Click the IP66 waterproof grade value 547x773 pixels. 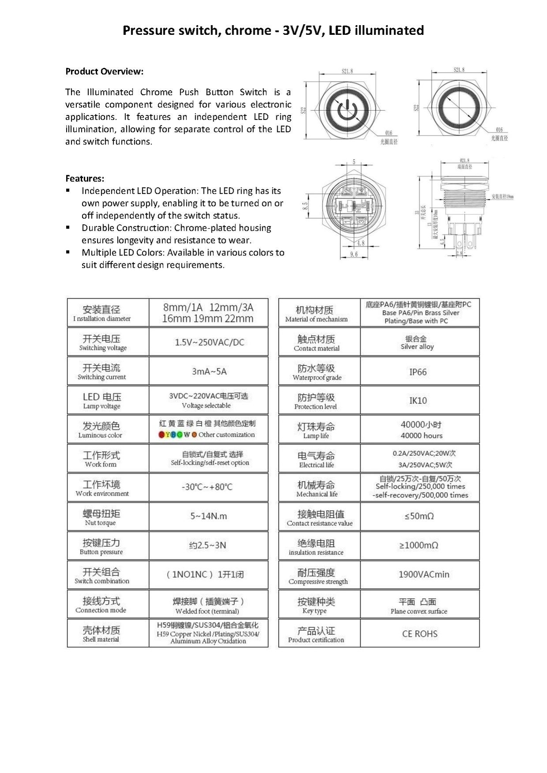418,372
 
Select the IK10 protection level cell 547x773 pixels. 418,400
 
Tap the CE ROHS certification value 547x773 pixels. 419,634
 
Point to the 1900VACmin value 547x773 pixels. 423,574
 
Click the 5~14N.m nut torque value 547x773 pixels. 208,516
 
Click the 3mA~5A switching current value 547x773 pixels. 209,371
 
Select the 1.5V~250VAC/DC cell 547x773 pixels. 209,342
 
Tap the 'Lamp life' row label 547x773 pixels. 316,436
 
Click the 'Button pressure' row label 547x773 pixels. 101,552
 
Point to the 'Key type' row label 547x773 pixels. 314,611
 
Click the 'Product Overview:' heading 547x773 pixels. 104,71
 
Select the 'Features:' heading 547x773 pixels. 85,179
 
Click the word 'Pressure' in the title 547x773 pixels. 149,30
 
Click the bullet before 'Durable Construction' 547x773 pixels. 68,228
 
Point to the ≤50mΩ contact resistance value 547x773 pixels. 419,516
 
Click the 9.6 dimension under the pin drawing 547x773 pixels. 354,254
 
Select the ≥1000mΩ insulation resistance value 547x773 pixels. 419,545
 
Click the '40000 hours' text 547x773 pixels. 421,436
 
